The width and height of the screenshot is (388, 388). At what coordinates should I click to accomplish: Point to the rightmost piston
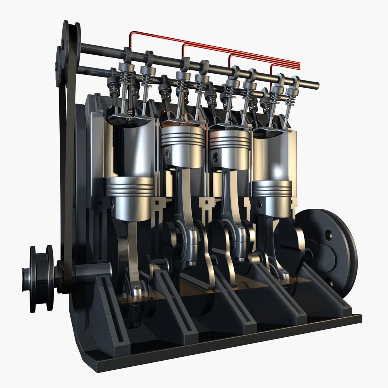[x=272, y=198]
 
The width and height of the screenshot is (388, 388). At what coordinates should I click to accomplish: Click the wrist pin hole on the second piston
[x=167, y=155]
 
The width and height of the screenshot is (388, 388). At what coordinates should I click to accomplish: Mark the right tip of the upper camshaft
[x=317, y=85]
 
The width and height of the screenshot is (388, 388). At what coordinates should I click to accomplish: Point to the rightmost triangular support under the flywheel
[x=327, y=298]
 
